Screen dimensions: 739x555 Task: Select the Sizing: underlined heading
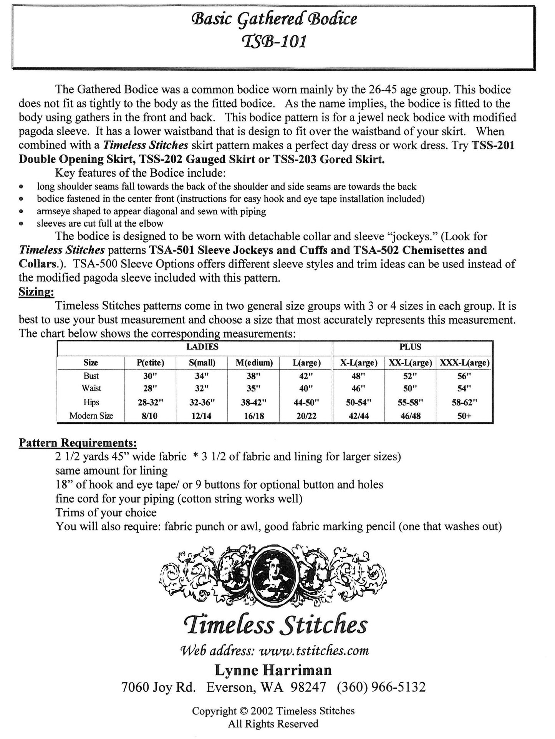(36, 292)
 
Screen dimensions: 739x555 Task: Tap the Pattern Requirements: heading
(78, 443)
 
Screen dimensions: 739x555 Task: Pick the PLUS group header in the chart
(410, 347)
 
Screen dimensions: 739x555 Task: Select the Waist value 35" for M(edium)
(253, 389)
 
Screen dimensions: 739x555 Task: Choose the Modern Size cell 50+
(464, 416)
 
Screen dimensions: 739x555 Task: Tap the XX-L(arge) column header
(410, 363)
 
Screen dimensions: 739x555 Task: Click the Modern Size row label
(91, 416)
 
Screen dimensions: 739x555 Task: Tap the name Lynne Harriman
(273, 670)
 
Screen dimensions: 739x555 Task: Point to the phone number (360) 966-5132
(381, 687)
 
